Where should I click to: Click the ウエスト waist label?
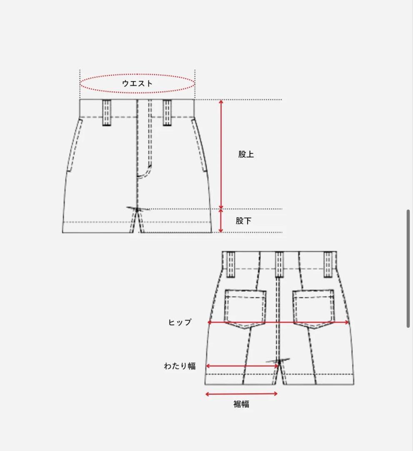click(x=137, y=83)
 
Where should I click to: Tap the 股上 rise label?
click(x=246, y=155)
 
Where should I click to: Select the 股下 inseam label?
click(x=243, y=221)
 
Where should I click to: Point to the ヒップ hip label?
click(x=180, y=322)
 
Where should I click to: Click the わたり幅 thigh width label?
click(x=180, y=366)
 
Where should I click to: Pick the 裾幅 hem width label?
click(x=241, y=404)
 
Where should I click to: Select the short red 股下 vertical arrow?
click(x=221, y=221)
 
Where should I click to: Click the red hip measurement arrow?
click(x=278, y=322)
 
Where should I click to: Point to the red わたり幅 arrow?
click(x=242, y=366)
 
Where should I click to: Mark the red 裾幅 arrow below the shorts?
click(x=242, y=394)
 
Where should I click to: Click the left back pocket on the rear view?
click(x=245, y=308)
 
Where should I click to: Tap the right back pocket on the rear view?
click(x=314, y=308)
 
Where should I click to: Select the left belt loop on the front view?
click(x=107, y=112)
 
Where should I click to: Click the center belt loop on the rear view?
click(x=279, y=264)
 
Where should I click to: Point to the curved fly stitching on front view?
click(x=146, y=172)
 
